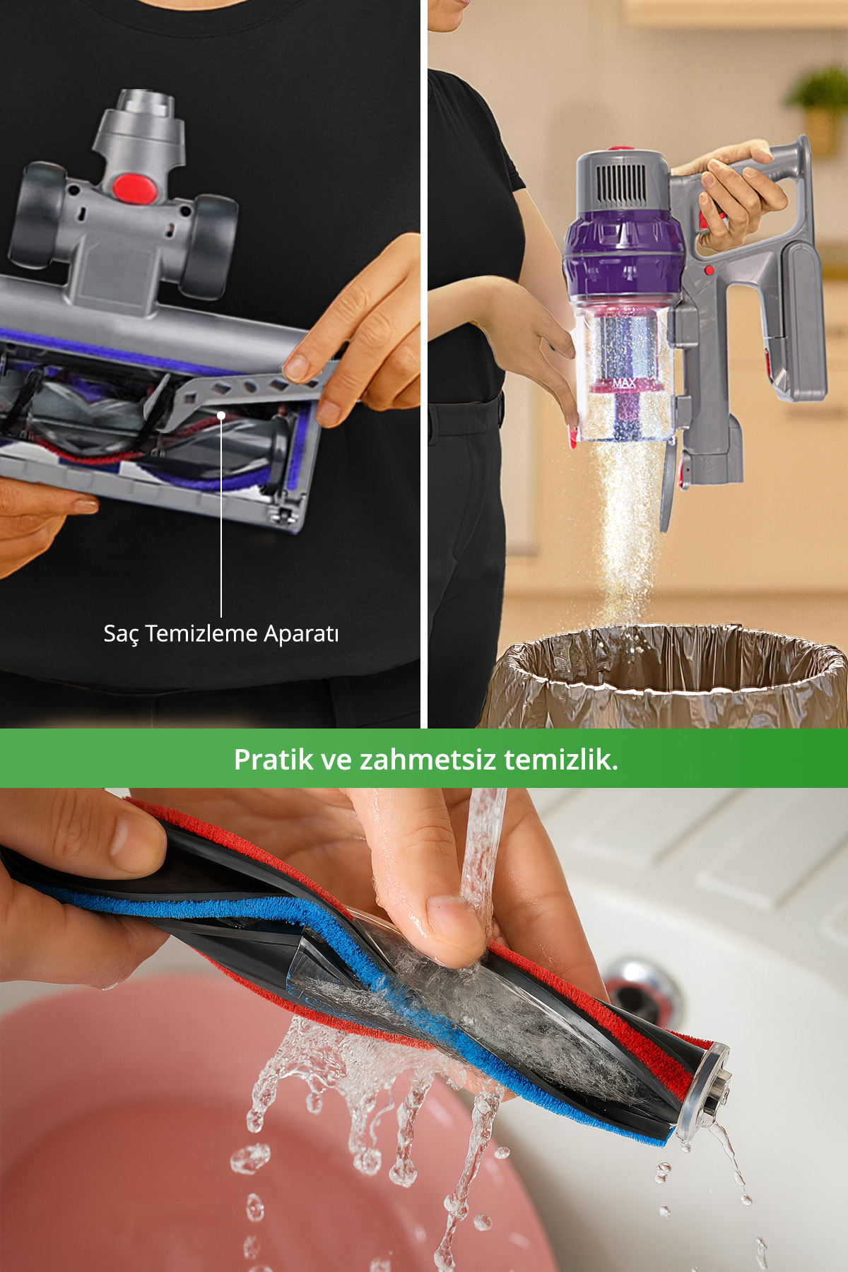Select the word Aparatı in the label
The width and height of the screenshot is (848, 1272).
pos(301,634)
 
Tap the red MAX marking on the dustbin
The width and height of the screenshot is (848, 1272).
pos(625,383)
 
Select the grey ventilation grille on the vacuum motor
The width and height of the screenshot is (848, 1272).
pos(623,185)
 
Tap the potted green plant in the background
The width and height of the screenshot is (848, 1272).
pos(820,106)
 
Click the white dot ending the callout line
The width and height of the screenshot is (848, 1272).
pos(221,415)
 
